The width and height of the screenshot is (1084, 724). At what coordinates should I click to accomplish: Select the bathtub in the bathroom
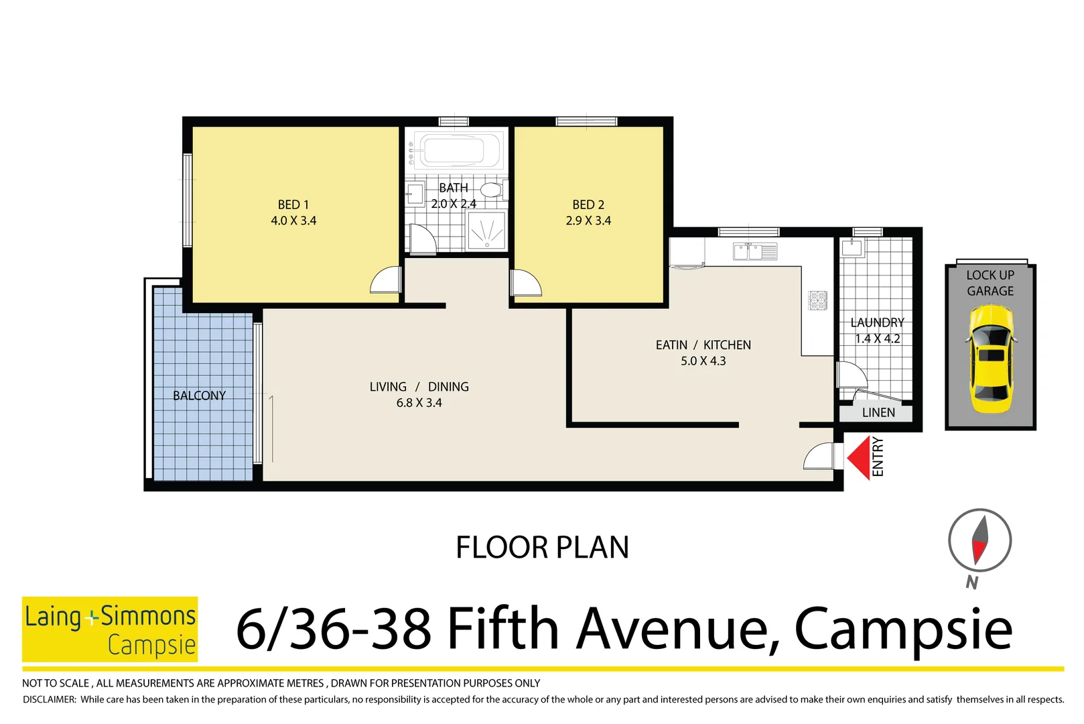457,150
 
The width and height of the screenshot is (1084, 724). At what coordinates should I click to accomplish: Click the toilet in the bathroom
492,190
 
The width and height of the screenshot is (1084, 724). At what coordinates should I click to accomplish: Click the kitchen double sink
754,251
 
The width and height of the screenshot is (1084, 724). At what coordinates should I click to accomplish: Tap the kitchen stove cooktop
818,300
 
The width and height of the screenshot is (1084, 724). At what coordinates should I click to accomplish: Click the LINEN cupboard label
878,412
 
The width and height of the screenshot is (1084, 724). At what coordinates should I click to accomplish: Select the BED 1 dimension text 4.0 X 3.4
293,221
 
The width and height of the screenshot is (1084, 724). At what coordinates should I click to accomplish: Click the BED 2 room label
588,204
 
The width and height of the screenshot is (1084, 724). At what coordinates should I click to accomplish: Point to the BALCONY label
199,396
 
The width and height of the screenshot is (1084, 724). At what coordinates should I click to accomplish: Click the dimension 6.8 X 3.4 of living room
419,403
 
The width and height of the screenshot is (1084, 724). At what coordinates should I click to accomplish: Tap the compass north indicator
979,540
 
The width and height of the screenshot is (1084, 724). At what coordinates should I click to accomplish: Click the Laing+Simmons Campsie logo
110,629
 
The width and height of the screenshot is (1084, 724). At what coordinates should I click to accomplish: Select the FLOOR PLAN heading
542,547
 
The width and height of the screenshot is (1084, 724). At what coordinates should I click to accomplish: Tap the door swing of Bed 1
386,280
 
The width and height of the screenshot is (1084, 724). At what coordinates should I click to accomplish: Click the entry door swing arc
818,457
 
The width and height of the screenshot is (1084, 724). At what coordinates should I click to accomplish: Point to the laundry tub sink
852,247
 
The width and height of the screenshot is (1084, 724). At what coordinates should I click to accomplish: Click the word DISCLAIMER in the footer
50,699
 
